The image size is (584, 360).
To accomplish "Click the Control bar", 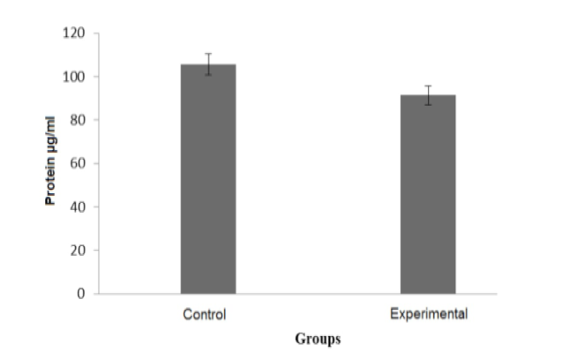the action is coord(208,179).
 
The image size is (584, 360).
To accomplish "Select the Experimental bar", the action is coord(428,194).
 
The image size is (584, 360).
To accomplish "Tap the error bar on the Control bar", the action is coord(208,64).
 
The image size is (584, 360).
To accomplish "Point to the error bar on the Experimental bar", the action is coord(428,95).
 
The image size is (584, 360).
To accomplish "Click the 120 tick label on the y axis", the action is coord(74,34).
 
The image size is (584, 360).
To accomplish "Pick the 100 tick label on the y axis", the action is coord(74,77).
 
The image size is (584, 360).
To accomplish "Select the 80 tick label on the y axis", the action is coord(78,120).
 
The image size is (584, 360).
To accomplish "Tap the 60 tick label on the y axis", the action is coord(78,163).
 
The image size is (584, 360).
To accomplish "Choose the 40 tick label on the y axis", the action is coord(78,206).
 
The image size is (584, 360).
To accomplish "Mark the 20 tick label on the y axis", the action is coord(78,250).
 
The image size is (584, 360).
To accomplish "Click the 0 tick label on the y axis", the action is coord(81,294).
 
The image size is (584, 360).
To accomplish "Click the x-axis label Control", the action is coord(205,314).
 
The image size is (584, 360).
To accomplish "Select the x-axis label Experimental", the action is coord(429,314).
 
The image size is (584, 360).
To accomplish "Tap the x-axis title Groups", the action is coord(318,339).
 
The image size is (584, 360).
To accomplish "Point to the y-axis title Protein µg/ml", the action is coord(50,161).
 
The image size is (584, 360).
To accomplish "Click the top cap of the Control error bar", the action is coord(208,53).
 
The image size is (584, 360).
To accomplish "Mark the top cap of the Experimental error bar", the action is coord(428,86).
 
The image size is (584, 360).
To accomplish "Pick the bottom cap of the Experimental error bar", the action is coord(428,105).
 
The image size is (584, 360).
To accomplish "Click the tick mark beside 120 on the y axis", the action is coord(96,34).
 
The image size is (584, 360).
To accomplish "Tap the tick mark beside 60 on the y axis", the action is coord(96,163).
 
